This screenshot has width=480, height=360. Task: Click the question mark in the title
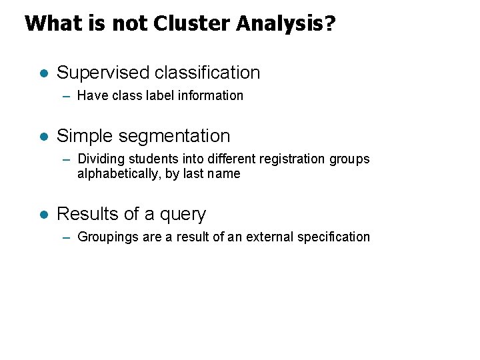[x=329, y=24]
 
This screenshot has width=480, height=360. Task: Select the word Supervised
[x=103, y=73]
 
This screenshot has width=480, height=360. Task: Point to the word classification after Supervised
[x=207, y=73]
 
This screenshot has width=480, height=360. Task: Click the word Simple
[x=85, y=136]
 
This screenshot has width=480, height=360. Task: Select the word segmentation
[x=174, y=137]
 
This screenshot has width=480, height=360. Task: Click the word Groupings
[x=107, y=237]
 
